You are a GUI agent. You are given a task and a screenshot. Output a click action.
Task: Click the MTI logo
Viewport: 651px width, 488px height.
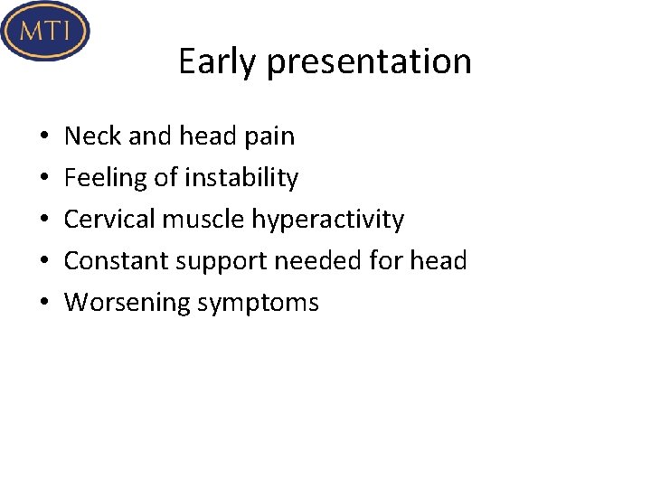coord(45,31)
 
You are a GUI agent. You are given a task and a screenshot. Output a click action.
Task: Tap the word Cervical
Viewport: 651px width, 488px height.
coord(109,220)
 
